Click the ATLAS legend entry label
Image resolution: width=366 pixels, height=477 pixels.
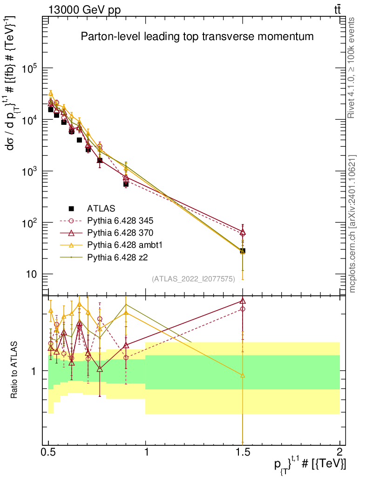(x=101, y=208)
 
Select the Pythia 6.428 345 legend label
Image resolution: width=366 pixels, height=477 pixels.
(x=120, y=220)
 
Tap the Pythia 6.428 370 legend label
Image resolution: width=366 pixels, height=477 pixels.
(x=120, y=233)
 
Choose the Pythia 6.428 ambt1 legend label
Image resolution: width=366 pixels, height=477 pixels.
(x=125, y=245)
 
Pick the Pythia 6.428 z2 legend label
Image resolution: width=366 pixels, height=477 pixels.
(x=117, y=258)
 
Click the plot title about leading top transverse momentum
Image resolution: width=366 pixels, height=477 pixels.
(x=197, y=36)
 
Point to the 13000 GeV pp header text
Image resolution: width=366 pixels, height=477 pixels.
(x=84, y=10)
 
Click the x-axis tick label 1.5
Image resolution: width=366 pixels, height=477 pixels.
(x=243, y=452)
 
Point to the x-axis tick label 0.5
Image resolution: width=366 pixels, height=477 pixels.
(x=48, y=452)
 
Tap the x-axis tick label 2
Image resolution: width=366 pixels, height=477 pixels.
(x=340, y=452)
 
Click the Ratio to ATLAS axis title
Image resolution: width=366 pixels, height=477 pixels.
(x=14, y=370)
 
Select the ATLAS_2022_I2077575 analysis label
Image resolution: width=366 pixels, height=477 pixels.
(x=193, y=279)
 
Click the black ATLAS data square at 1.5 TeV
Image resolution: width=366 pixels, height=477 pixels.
(x=243, y=251)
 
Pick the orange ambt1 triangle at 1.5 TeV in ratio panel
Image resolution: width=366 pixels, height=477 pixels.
(x=243, y=375)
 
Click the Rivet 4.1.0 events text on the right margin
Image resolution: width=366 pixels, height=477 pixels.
(x=351, y=68)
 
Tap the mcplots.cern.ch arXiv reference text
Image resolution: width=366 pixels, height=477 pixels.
(x=352, y=224)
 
